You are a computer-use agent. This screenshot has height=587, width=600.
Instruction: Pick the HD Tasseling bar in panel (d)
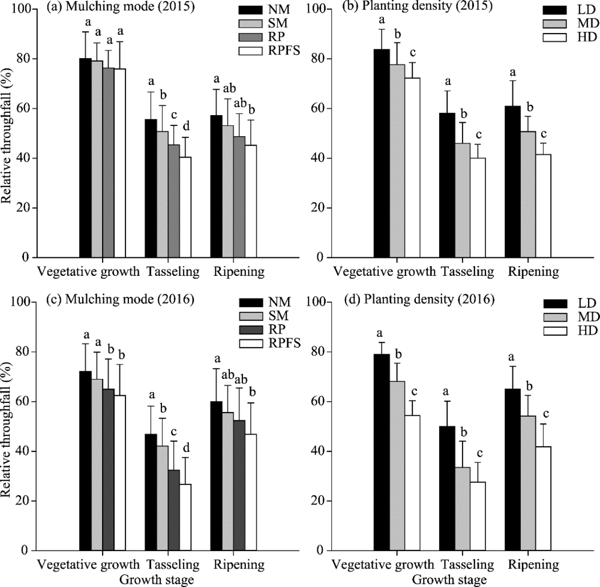click(x=477, y=516)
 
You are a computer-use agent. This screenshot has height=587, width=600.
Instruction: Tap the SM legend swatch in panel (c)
click(x=255, y=317)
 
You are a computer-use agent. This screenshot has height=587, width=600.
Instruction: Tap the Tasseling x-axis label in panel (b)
click(x=467, y=271)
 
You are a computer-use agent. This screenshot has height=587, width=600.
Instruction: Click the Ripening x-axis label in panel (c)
click(x=239, y=564)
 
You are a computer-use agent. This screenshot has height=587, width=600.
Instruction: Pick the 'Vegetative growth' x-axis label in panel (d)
click(x=384, y=564)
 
